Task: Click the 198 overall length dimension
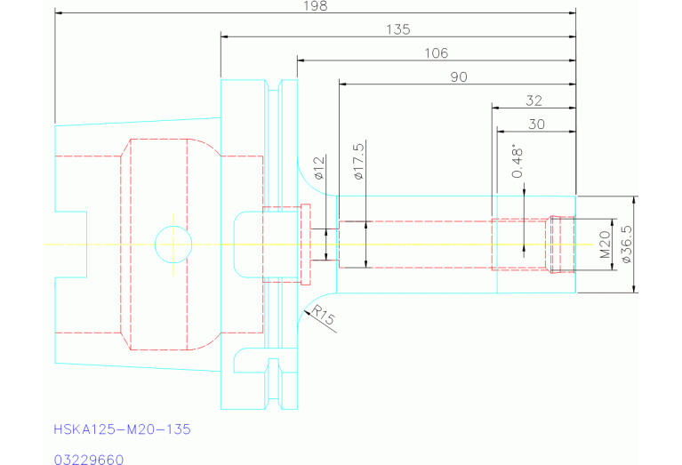tap(315, 6)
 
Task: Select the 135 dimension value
tap(398, 29)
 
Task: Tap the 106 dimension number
tap(437, 53)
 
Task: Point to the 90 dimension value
tap(459, 77)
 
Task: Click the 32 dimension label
tap(534, 100)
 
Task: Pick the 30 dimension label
tap(536, 124)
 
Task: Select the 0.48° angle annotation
tap(517, 162)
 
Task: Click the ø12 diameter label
tap(320, 168)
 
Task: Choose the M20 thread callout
tap(605, 244)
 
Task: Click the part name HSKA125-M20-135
tap(122, 429)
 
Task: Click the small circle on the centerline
tap(173, 243)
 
